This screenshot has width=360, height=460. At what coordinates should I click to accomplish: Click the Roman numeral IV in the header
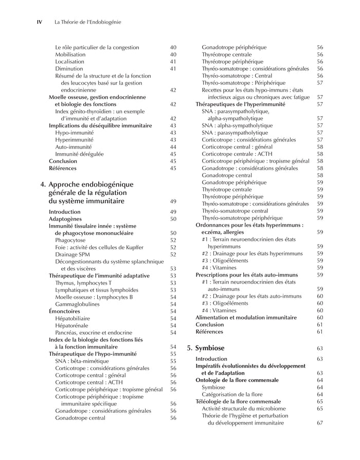coord(39,22)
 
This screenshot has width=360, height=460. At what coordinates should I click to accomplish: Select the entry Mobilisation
coord(70,54)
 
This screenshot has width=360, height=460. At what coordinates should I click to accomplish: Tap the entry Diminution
coord(69,68)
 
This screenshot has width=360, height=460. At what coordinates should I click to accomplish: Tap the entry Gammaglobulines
coord(77,304)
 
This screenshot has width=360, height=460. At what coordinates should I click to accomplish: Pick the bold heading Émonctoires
coord(64,311)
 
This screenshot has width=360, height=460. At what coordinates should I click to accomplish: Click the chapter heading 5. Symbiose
coord(205,348)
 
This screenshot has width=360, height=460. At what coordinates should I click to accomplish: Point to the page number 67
coord(320,423)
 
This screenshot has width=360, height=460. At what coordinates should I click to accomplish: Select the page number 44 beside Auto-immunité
coord(173,146)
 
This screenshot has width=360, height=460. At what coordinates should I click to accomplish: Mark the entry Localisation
coord(69,62)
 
